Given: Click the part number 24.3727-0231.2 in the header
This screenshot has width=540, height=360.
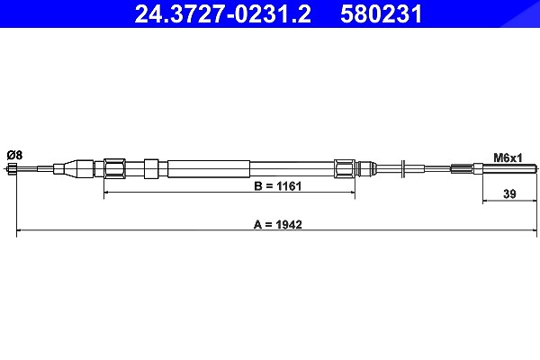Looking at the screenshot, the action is (x=223, y=14).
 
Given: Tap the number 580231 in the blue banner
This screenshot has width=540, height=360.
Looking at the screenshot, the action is (x=382, y=14).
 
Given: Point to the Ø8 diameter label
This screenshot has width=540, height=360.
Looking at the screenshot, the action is (x=14, y=155).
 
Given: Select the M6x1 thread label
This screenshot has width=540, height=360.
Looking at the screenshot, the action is (x=508, y=157).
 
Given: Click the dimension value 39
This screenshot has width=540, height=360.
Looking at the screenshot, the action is (x=509, y=194).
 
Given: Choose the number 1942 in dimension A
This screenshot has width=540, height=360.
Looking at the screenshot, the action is (x=289, y=225).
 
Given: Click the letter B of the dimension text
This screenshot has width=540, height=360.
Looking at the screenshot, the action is (x=258, y=186).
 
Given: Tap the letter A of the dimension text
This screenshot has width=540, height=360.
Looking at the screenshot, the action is (x=257, y=225).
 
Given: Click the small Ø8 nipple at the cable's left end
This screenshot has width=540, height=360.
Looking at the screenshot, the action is (x=12, y=169).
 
